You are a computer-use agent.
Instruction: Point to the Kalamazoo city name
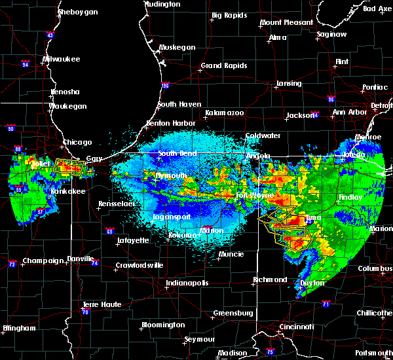(224, 113)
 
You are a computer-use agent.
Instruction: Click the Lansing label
(288, 84)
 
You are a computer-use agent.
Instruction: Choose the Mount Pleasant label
(286, 22)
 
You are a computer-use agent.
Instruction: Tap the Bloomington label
(163, 325)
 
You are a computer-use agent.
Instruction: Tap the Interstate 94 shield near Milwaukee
(26, 64)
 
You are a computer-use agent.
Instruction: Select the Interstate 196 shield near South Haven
(166, 85)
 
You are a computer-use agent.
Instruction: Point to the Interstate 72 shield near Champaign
(12, 264)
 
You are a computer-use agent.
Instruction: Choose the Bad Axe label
(377, 9)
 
